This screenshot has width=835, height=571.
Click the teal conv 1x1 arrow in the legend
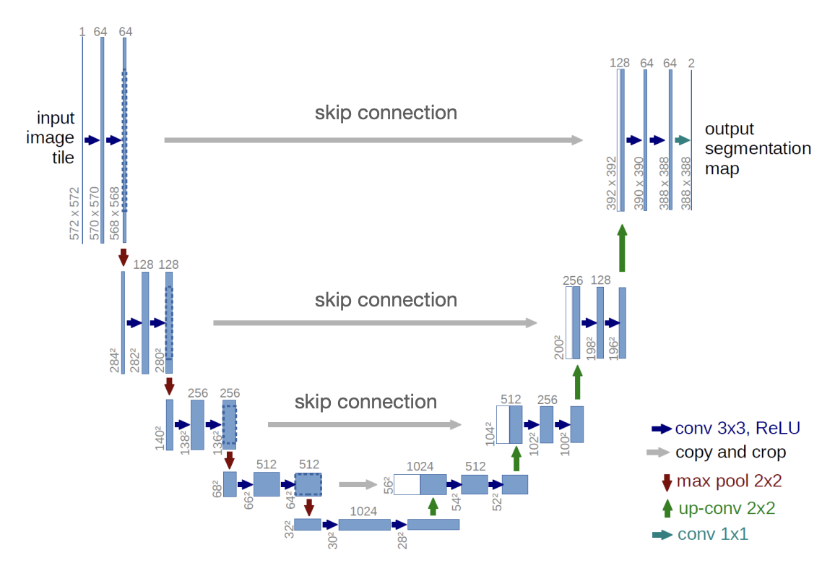pyautogui.click(x=662, y=535)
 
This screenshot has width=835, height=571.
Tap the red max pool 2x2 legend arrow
pyautogui.click(x=667, y=481)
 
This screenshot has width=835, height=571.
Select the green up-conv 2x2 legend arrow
pyautogui.click(x=667, y=507)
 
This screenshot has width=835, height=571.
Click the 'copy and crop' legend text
pyautogui.click(x=730, y=453)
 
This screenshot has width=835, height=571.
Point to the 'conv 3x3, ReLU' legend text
pyautogui.click(x=737, y=428)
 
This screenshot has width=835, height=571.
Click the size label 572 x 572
pyautogui.click(x=75, y=214)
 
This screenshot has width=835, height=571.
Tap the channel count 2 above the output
pyautogui.click(x=691, y=64)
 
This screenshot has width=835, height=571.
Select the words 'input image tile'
pyautogui.click(x=56, y=137)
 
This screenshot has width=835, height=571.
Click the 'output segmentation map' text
pyautogui.click(x=758, y=149)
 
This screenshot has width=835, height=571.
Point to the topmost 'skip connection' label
pyautogui.click(x=386, y=113)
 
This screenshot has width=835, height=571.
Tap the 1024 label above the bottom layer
pyautogui.click(x=363, y=511)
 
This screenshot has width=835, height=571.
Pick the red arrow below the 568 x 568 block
pyautogui.click(x=124, y=257)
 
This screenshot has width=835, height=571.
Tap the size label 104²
pyautogui.click(x=490, y=428)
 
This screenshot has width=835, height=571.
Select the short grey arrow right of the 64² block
pyautogui.click(x=358, y=484)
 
